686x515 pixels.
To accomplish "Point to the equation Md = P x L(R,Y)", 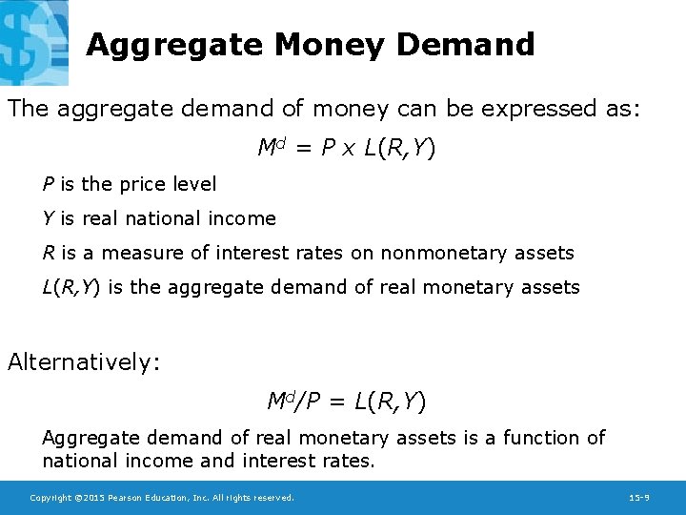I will pyautogui.click(x=347, y=149).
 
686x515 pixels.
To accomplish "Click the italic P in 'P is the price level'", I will pyautogui.click(x=48, y=184).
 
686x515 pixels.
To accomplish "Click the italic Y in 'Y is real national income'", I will pyautogui.click(x=48, y=218).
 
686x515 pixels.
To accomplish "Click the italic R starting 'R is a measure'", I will pyautogui.click(x=49, y=253).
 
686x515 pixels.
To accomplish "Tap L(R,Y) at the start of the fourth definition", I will pyautogui.click(x=72, y=287).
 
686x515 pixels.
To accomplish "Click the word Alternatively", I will pyautogui.click(x=84, y=362).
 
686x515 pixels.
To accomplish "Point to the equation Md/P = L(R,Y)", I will pyautogui.click(x=347, y=402).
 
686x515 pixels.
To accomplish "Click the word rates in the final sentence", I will pyautogui.click(x=347, y=461).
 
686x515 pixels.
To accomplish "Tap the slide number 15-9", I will pyautogui.click(x=639, y=498).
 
